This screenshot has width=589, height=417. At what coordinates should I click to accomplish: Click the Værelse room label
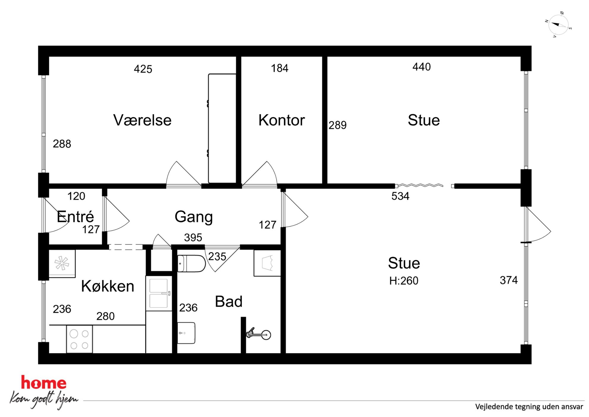click(x=142, y=120)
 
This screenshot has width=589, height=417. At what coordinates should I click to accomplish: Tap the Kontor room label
click(x=281, y=120)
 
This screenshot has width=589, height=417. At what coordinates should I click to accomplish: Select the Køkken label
click(x=107, y=286)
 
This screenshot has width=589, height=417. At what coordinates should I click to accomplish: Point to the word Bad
click(x=229, y=301)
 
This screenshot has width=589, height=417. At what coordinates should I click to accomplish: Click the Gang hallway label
click(x=194, y=217)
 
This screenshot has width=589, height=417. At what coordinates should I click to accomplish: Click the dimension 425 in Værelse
click(x=143, y=69)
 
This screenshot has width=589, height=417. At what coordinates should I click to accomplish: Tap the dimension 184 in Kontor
click(x=279, y=68)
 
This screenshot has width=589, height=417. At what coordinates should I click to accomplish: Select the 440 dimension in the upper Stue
click(x=422, y=67)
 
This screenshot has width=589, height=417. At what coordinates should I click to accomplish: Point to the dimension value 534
click(x=400, y=196)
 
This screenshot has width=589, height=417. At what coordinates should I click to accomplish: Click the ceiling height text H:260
click(x=404, y=281)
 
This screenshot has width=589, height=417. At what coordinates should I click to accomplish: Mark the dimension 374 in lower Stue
click(x=509, y=280)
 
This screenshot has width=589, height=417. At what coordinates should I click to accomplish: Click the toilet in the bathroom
click(x=191, y=263)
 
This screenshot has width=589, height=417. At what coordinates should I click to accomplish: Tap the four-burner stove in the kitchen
click(x=79, y=339)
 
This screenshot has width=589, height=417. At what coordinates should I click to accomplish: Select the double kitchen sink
click(x=159, y=293)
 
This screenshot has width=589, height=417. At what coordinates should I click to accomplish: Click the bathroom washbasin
click(x=186, y=333)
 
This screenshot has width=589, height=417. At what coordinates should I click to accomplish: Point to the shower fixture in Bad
click(x=259, y=334)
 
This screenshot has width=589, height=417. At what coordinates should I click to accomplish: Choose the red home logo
click(x=44, y=383)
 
